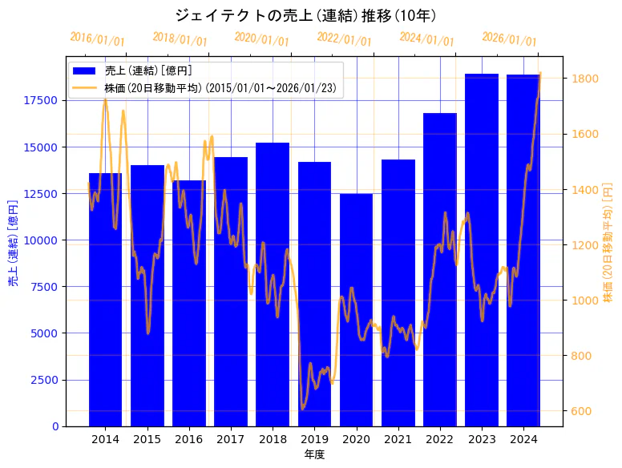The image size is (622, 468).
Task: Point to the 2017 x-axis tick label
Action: [231, 439]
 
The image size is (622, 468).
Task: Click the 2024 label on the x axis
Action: [523, 439]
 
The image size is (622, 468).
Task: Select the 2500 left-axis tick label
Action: [45, 380]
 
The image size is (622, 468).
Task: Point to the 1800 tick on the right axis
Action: [583, 79]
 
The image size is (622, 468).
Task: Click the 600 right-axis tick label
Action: [580, 411]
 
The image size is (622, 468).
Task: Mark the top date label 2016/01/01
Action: [98, 38]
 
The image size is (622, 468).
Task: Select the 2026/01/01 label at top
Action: [510, 38]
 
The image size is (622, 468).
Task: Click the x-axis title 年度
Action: [314, 455]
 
